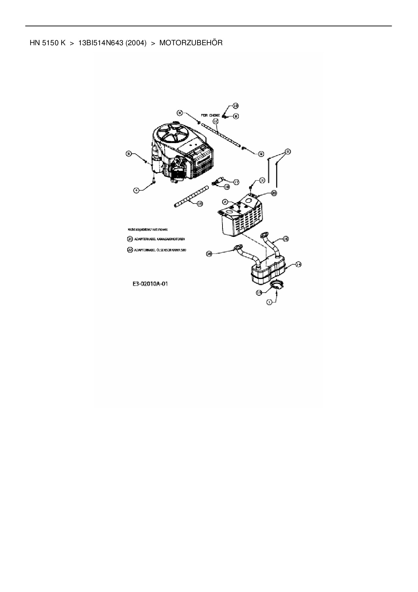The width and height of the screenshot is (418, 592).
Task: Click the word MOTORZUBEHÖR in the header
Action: pyautogui.click(x=191, y=43)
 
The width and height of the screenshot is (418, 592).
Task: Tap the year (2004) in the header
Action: pyautogui.click(x=136, y=43)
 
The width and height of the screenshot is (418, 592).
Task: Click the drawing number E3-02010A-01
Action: pyautogui.click(x=150, y=284)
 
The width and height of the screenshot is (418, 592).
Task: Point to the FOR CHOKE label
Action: pyautogui.click(x=210, y=115)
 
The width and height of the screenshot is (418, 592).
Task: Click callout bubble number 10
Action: pyautogui.click(x=235, y=105)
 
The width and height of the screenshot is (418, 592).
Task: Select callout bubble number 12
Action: pyautogui.click(x=215, y=120)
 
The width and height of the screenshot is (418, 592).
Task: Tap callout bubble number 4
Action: pyautogui.click(x=136, y=190)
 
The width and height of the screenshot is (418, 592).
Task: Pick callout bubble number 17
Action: pyautogui.click(x=236, y=182)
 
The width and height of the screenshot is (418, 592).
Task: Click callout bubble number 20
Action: pyautogui.click(x=274, y=193)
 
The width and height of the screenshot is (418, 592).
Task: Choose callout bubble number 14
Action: pyautogui.click(x=298, y=265)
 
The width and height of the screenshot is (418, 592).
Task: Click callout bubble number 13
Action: pyautogui.click(x=259, y=293)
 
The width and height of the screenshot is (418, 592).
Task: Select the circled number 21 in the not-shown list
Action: pyautogui.click(x=130, y=239)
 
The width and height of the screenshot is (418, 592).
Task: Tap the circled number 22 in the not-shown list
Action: pyautogui.click(x=130, y=250)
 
